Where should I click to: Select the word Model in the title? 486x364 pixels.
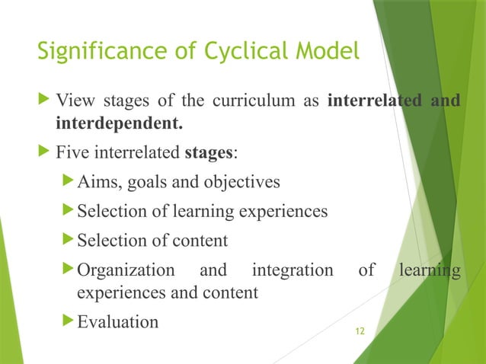point(325,53)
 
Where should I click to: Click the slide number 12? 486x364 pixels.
point(360,331)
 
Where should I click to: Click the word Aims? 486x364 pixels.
point(98,182)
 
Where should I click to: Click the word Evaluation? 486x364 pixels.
point(118,321)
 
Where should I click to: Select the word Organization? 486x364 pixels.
point(125,271)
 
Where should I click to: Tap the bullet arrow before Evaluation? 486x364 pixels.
point(69,321)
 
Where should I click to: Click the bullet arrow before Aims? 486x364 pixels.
point(69,182)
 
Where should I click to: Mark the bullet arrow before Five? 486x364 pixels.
point(45,152)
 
